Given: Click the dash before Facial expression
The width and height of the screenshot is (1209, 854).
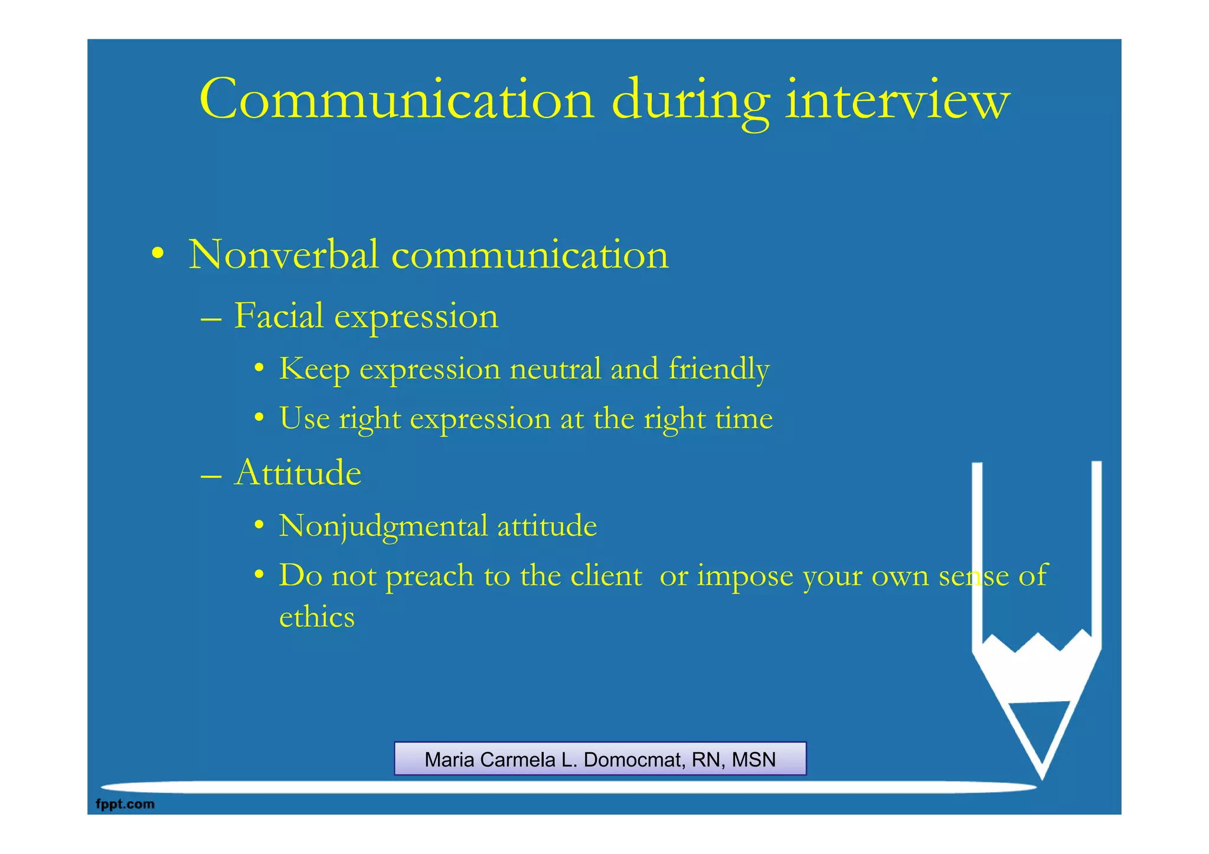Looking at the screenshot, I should point(211,319).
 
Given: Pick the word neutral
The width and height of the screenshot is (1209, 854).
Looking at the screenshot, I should point(555,369).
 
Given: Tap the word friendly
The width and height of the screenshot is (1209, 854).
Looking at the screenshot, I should point(718,369).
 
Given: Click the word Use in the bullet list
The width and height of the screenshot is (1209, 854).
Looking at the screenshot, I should point(304,418).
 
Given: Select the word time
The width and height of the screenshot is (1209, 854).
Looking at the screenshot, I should point(744,418).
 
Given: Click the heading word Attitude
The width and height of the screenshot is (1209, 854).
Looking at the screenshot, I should point(298,473).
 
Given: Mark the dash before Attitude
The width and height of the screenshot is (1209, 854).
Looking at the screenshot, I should point(211,476).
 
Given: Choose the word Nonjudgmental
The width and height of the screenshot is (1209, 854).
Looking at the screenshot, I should point(383,526).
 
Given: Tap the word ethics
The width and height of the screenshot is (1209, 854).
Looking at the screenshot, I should point(316,617).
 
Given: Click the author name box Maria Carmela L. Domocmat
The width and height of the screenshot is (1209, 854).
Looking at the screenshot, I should point(600,759).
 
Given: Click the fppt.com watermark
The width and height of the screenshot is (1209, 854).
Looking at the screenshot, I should point(125,804).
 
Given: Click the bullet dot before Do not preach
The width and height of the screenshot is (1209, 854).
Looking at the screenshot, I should point(259,575).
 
